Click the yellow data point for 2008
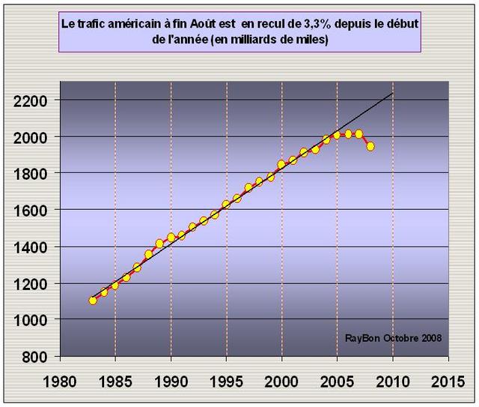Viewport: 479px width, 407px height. tap(370, 146)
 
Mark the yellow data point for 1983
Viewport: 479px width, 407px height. tap(93, 300)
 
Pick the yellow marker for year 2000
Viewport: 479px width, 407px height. tap(281, 164)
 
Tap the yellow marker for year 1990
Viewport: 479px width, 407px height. tap(171, 237)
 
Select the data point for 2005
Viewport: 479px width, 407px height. tap(337, 135)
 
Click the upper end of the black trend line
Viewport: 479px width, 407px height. tap(393, 93)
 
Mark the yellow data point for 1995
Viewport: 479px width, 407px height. tap(226, 204)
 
